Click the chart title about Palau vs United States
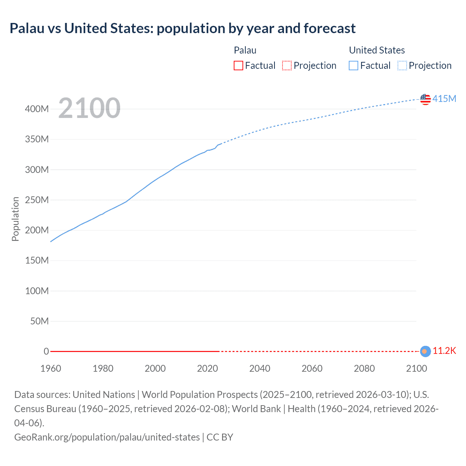click(x=182, y=28)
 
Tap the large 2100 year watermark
click(x=89, y=108)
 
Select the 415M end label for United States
click(x=444, y=99)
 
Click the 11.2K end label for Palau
click(x=444, y=351)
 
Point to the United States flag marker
click(x=425, y=99)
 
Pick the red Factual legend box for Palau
click(x=238, y=66)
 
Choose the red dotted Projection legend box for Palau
click(x=287, y=66)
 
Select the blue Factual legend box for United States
click(x=354, y=66)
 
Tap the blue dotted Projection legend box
click(x=402, y=66)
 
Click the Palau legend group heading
click(x=245, y=50)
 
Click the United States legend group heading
click(x=377, y=50)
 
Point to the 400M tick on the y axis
click(x=37, y=109)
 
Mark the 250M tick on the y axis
click(x=37, y=200)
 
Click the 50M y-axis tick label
click(x=39, y=321)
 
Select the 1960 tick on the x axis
click(x=51, y=368)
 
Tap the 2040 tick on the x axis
click(x=260, y=368)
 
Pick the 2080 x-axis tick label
click(x=364, y=368)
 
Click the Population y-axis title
click(x=15, y=219)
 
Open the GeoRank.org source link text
click(x=107, y=437)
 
